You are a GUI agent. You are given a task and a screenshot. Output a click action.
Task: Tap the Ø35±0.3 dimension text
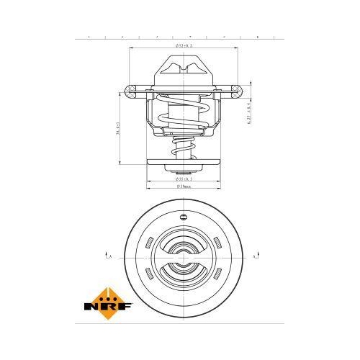184,179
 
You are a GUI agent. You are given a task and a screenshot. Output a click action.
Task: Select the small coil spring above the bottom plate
184,152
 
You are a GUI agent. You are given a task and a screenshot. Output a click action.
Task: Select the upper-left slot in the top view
148,243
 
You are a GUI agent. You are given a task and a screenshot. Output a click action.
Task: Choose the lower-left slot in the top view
148,271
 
